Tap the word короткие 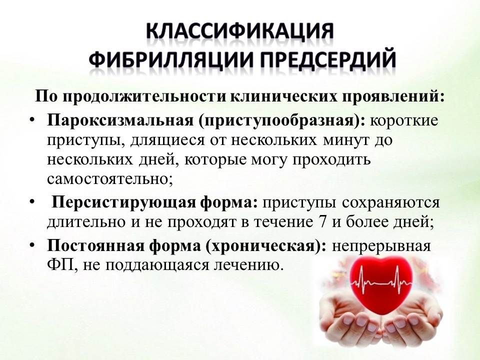(404, 120)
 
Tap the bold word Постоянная (96, 246)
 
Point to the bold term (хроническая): (265, 246)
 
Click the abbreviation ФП (60, 265)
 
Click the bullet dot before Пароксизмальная (33, 120)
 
